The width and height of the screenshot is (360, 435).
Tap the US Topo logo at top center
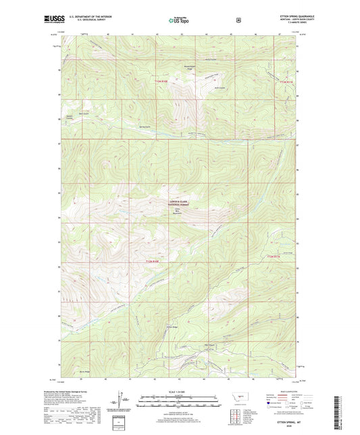pyautogui.click(x=179, y=20)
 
